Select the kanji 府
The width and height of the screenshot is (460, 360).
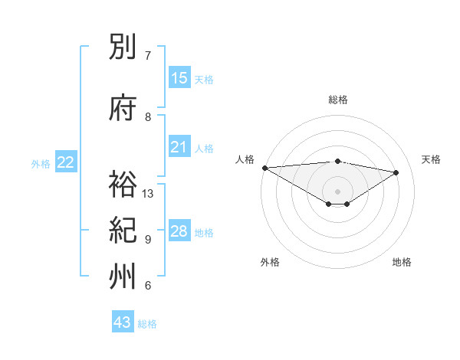pos(123,109)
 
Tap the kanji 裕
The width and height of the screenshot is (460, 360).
pos(123,185)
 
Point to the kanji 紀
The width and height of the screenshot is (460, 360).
pos(123,231)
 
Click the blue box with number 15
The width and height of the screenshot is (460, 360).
pos(179,77)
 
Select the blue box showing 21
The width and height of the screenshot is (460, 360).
pos(179,146)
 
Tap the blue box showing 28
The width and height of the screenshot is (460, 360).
pos(179,231)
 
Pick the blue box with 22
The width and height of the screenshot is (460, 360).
pos(66,162)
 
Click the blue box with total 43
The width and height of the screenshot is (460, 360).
pos(123,322)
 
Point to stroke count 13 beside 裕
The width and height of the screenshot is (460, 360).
pos(148,193)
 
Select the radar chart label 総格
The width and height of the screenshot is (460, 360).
pos(338,100)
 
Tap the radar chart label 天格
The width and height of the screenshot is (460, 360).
pos(431,159)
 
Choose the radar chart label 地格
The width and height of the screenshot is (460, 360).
pos(402,262)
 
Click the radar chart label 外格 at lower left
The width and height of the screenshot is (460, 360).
pos(270,262)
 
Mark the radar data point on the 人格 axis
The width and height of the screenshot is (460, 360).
pos(264,168)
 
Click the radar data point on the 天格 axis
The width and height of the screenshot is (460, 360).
pos(396,172)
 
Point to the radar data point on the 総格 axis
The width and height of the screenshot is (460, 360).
pos(337,161)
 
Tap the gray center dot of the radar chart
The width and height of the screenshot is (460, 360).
pos(337,190)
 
